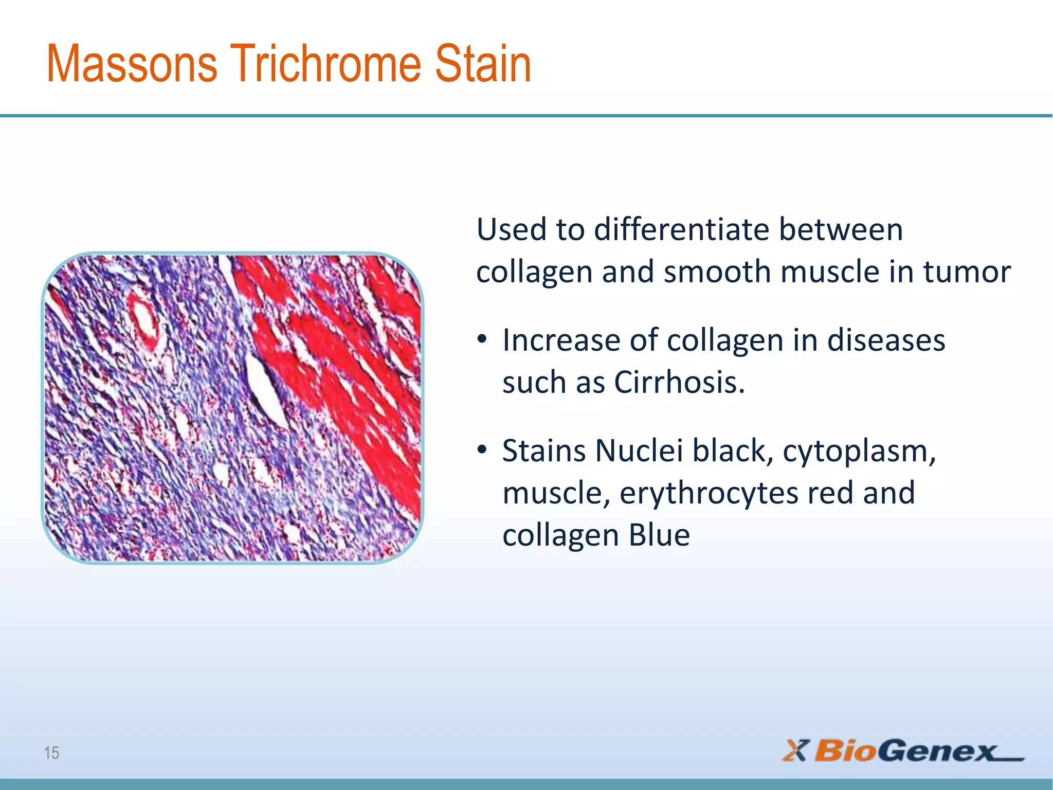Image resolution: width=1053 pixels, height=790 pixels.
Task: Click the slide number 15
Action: click(51, 753)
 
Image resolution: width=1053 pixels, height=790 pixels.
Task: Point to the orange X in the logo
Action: click(796, 750)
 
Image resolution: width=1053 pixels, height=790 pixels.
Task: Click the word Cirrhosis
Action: click(679, 383)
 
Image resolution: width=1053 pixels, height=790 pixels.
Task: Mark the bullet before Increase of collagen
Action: click(482, 340)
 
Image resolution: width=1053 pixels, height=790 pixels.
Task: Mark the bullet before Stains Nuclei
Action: click(482, 451)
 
